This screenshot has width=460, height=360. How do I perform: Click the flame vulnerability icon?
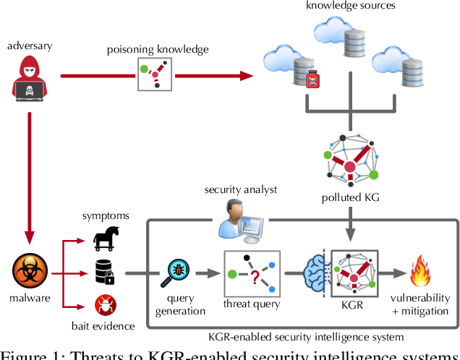tap(422, 274)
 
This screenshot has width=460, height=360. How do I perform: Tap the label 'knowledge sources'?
tap(352, 6)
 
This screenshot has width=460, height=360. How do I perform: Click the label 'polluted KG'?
tap(350, 198)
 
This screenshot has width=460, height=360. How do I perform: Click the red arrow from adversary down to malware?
tap(30, 173)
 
